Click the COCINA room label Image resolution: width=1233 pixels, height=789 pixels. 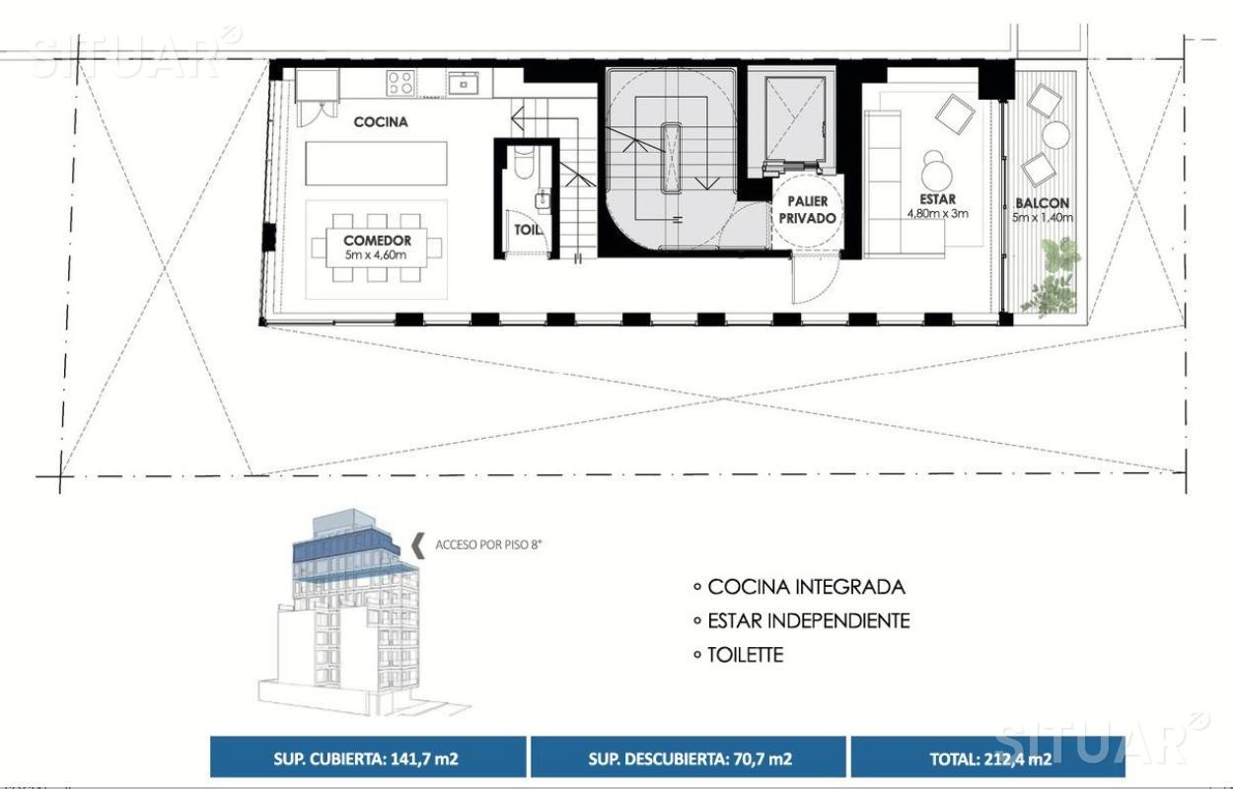381,122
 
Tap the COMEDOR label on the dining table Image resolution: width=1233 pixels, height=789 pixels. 377,241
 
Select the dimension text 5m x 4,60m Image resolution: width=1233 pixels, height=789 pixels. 377,254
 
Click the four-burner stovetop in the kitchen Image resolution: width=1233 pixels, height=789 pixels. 400,83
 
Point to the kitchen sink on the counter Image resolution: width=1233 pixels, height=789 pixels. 463,84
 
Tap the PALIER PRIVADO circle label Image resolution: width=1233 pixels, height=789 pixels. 807,210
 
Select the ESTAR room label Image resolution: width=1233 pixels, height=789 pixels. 937,199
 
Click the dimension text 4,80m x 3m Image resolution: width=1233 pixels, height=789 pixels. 937,213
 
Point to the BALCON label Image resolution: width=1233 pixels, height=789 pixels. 1042,203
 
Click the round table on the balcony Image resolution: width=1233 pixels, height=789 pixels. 1055,135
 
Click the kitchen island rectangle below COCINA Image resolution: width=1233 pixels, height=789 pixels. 377,164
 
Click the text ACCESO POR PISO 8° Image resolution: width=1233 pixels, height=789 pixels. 488,544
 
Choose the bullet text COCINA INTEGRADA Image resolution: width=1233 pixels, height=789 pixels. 806,587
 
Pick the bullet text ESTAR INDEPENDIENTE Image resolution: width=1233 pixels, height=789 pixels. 808,620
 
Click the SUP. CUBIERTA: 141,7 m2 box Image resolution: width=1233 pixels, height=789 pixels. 368,757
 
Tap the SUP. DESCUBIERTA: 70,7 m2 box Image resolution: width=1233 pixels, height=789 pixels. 689,757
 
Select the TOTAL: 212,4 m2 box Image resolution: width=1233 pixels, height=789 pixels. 988,757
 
